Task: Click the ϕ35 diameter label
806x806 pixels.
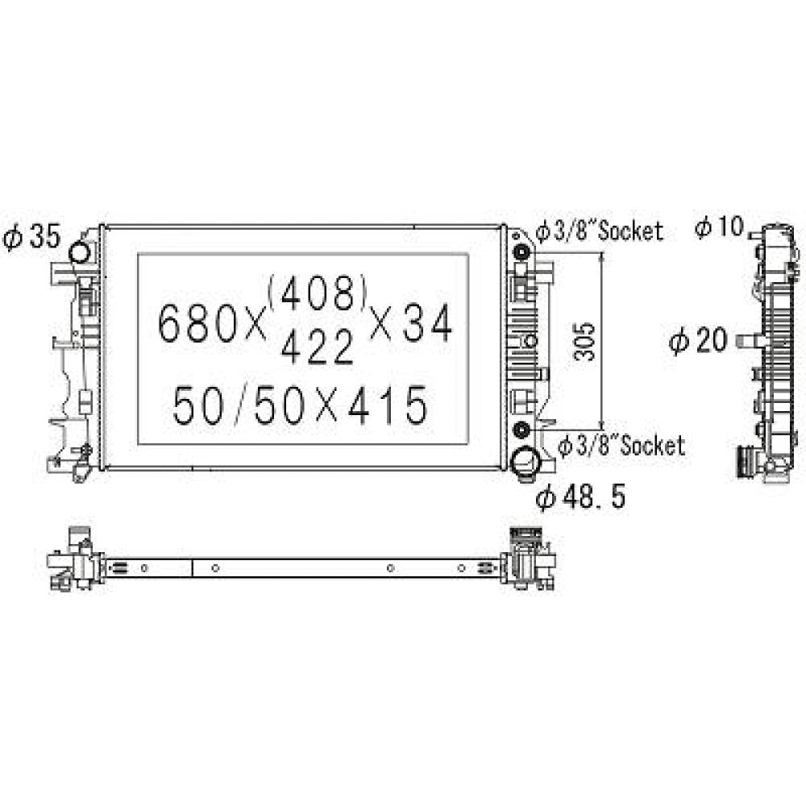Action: (x=32, y=237)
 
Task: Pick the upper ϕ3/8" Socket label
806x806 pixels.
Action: (x=600, y=232)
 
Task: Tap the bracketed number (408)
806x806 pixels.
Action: (x=319, y=294)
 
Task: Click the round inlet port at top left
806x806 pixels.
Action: (x=81, y=251)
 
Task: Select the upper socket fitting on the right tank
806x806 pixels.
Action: (x=521, y=253)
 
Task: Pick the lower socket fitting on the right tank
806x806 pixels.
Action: (x=521, y=427)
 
